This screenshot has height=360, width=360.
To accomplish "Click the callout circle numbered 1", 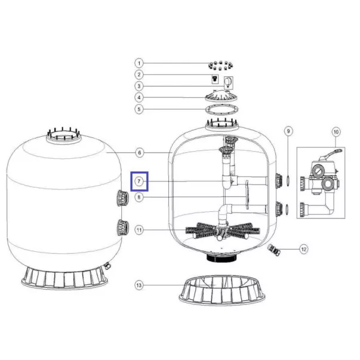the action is (139, 63).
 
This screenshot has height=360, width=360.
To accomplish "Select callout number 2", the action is (139, 75).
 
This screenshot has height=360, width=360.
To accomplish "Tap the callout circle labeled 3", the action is (139, 87).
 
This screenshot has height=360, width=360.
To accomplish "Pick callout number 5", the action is (139, 109).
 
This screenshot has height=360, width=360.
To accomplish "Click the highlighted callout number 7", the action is (139, 181).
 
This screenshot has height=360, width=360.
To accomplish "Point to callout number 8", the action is (139, 197).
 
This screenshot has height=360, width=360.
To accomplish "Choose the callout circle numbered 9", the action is (288, 131).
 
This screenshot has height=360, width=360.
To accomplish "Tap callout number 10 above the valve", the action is (336, 132).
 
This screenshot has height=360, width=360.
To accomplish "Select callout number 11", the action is (139, 230).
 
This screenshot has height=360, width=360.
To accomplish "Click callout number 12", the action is (304, 249).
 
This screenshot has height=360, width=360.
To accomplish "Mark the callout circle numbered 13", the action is (139, 285).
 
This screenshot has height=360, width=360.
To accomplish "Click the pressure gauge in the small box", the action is (228, 82).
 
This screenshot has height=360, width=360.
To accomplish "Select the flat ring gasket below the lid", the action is (221, 110).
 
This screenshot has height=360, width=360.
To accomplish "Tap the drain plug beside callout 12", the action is (274, 250).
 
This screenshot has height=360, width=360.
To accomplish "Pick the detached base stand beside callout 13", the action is (221, 290).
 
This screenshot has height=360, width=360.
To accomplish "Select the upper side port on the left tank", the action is (122, 198).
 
